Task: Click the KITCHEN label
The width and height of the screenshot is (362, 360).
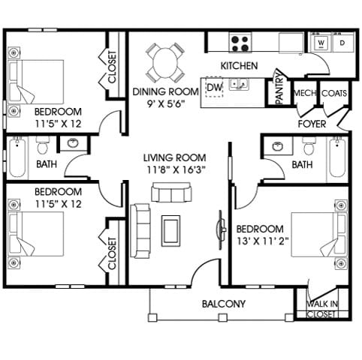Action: pyautogui.click(x=239, y=66)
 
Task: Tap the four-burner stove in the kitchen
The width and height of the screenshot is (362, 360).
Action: pyautogui.click(x=240, y=43)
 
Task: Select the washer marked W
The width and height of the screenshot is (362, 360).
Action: pyautogui.click(x=321, y=43)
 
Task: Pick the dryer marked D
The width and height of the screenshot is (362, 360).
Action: pyautogui.click(x=342, y=43)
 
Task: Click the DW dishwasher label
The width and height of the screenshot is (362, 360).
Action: pyautogui.click(x=215, y=87)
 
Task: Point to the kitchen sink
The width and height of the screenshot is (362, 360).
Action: pyautogui.click(x=239, y=84)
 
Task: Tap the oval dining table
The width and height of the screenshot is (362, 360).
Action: pyautogui.click(x=165, y=63)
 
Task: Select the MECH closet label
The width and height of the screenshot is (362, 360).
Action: pyautogui.click(x=305, y=93)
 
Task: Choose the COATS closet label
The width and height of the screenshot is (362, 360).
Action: pyautogui.click(x=334, y=93)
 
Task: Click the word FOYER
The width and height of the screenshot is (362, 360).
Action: pyautogui.click(x=312, y=124)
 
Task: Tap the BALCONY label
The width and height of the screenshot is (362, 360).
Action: pyautogui.click(x=224, y=304)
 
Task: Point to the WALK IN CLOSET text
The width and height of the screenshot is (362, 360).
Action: pyautogui.click(x=321, y=309)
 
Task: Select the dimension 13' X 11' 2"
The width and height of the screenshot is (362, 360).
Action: pyautogui.click(x=263, y=241)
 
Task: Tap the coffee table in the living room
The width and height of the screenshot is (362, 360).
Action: pyautogui.click(x=170, y=231)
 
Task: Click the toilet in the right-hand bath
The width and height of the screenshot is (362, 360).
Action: pyautogui.click(x=309, y=146)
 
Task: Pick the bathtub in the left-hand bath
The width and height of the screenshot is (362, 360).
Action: pyautogui.click(x=17, y=157)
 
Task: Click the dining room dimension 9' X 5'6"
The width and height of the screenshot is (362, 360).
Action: pyautogui.click(x=166, y=103)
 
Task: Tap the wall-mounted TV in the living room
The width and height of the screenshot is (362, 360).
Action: pyautogui.click(x=221, y=229)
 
